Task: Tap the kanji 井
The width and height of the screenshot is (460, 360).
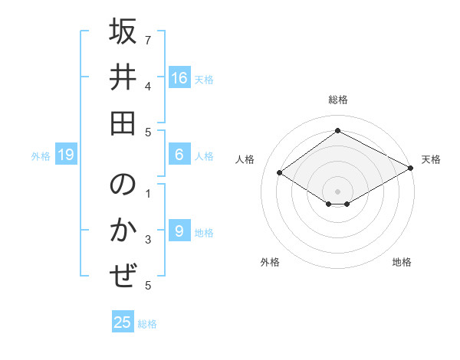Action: click(x=123, y=79)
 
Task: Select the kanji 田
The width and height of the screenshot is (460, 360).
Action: click(x=123, y=123)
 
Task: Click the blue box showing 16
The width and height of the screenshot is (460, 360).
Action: click(x=179, y=77)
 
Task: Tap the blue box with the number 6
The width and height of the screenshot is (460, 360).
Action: click(x=179, y=155)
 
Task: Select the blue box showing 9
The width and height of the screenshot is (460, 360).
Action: click(x=179, y=231)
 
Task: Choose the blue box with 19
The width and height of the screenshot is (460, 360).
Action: click(x=66, y=155)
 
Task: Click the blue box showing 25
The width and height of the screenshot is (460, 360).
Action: click(x=123, y=322)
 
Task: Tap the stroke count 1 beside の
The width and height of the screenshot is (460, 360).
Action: click(x=148, y=193)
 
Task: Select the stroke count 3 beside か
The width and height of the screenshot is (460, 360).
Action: click(x=148, y=241)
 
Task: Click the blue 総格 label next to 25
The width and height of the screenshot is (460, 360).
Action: click(x=147, y=324)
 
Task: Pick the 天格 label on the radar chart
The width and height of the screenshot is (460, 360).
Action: click(x=431, y=159)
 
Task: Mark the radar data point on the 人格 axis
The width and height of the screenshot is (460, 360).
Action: click(x=280, y=173)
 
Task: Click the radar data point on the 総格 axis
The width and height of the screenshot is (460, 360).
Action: click(x=338, y=130)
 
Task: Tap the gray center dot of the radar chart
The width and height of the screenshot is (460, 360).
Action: click(x=338, y=191)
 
